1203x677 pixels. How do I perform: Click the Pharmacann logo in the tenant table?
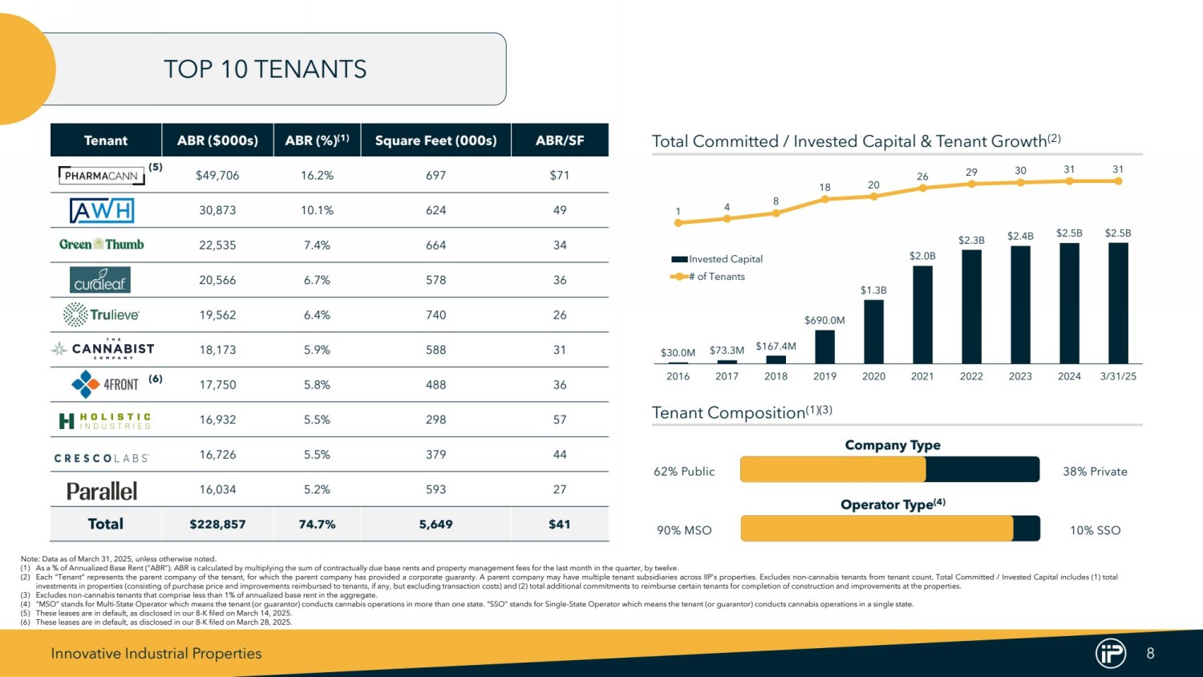point(102,176)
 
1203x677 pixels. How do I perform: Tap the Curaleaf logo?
point(100,280)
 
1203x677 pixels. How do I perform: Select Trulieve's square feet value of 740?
point(435,315)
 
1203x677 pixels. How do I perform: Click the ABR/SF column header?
point(559,140)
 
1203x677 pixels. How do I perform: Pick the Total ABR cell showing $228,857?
point(217,525)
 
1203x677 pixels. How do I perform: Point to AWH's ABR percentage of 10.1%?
point(317,210)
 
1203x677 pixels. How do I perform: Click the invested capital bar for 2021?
point(922,314)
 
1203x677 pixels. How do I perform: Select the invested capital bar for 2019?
point(824,347)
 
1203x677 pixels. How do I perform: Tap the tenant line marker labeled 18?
point(824,200)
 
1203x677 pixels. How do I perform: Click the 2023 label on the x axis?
point(1020,376)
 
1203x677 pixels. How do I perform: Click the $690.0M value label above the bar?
point(824,320)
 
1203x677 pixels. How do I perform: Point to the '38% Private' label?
point(1095,472)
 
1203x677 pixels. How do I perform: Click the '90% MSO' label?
point(684,530)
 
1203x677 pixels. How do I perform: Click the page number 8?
point(1150,654)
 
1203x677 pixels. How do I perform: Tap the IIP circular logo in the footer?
point(1111,654)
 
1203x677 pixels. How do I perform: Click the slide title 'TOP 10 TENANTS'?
point(265,70)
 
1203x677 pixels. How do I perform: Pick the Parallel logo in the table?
point(102,490)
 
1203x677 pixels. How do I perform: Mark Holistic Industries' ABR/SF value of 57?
point(559,420)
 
